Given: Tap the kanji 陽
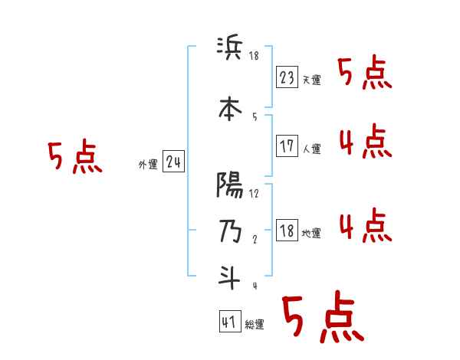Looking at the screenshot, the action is tap(230, 185).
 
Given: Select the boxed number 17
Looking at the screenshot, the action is tap(287, 146).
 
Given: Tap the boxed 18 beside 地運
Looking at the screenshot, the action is tap(287, 231).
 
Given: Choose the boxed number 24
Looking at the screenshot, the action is tap(174, 162).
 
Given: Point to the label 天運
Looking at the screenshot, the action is tap(311, 80).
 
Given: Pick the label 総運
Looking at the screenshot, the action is tap(255, 325).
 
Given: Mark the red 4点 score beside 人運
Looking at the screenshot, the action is tap(365, 142).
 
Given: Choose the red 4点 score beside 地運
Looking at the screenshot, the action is tap(365, 226).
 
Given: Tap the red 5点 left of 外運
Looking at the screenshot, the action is tap(74, 157).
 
